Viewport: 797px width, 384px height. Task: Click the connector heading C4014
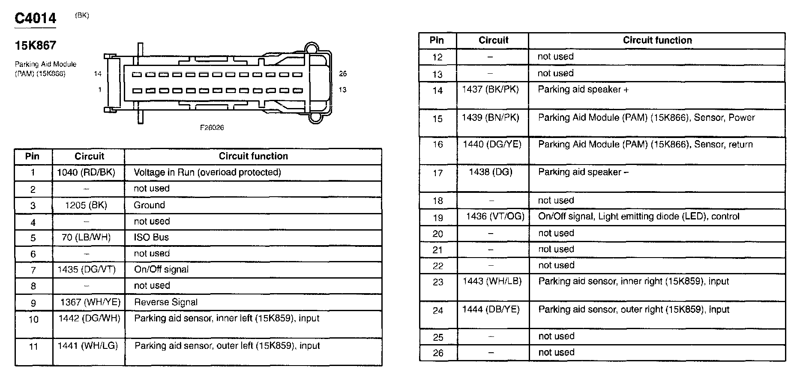[36, 18]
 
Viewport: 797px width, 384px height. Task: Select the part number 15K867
[36, 45]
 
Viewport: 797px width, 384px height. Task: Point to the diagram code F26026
[212, 128]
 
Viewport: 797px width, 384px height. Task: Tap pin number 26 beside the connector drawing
[343, 74]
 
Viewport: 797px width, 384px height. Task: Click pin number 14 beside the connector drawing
[98, 74]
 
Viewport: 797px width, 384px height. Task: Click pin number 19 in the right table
[437, 218]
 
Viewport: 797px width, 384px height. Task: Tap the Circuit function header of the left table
[253, 156]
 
